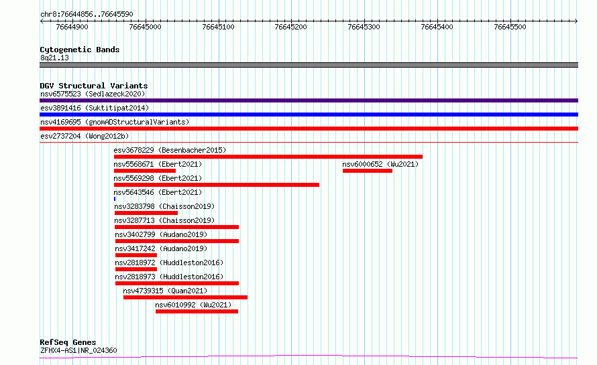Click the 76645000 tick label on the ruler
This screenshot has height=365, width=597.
[x=145, y=27]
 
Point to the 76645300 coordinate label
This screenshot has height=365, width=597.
[x=364, y=27]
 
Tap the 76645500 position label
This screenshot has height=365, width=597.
[x=510, y=27]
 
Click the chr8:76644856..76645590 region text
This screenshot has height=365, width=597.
[x=87, y=14]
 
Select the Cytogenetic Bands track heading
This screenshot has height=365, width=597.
[x=79, y=50]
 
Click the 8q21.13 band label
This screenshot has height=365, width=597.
[x=54, y=58]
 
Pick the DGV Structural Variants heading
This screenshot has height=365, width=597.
[x=93, y=86]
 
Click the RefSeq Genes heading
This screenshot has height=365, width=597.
[x=68, y=342]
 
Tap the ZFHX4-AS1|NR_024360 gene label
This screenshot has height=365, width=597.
[x=78, y=350]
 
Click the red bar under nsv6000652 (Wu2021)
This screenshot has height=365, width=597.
[x=367, y=171]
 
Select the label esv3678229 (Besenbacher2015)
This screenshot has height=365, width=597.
[x=170, y=150]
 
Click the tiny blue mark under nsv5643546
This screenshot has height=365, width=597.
[x=115, y=199]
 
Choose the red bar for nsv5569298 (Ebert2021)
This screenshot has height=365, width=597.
[x=216, y=185]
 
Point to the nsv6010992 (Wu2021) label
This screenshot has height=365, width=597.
[x=194, y=305]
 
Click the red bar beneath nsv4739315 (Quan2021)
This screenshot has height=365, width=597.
[x=185, y=297]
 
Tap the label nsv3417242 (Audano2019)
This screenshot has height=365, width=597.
[x=160, y=248]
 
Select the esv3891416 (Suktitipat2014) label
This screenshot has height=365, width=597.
[x=94, y=108]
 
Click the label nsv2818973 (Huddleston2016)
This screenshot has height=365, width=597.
[x=169, y=277]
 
